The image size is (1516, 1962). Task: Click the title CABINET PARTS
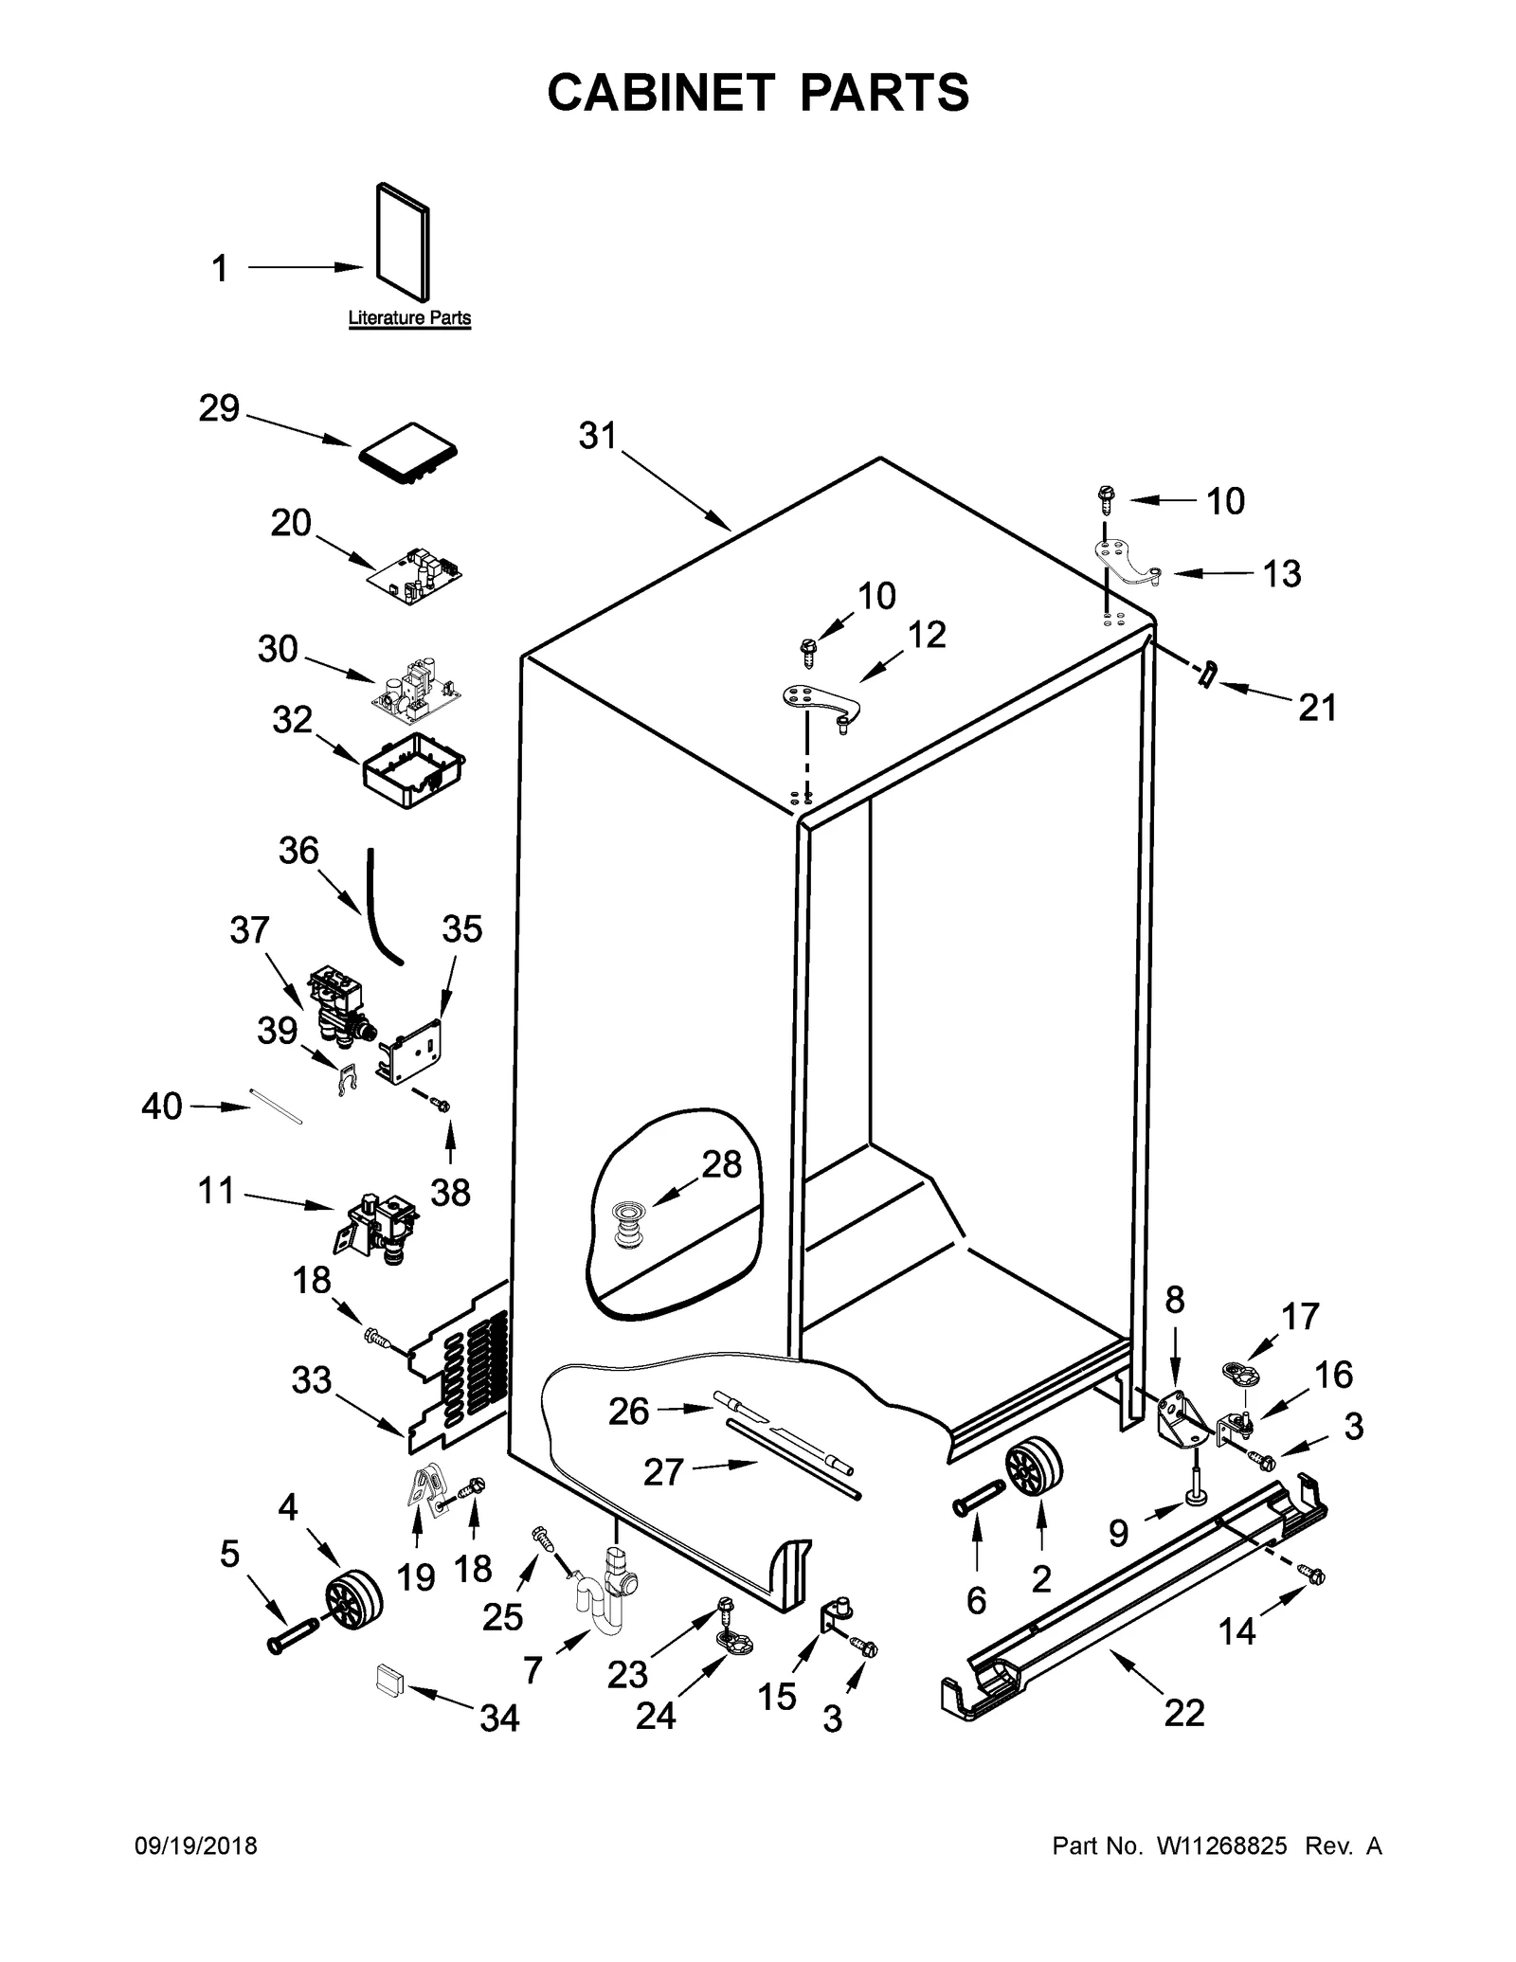(x=758, y=93)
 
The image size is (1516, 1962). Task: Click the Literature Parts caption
(x=409, y=318)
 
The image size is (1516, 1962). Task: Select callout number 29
(x=219, y=409)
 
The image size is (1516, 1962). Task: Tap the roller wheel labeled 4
(x=353, y=1598)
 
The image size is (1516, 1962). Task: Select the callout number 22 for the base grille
(x=1184, y=1738)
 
